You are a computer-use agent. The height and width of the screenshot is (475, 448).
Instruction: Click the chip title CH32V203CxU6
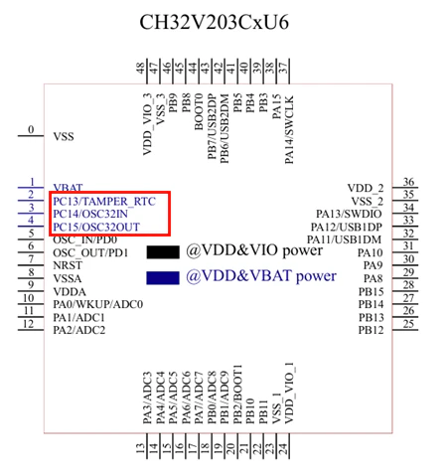click(x=215, y=23)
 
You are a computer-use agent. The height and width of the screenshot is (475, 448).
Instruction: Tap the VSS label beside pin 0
click(x=64, y=136)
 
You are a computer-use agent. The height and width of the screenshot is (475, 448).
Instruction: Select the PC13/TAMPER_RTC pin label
click(x=104, y=202)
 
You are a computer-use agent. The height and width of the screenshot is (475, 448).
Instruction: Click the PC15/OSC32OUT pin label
click(x=96, y=227)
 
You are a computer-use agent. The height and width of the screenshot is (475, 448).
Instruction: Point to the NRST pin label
click(x=68, y=265)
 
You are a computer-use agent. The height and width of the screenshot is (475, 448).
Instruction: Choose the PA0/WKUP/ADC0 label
click(x=98, y=304)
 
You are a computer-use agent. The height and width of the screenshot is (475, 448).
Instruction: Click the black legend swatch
click(x=163, y=252)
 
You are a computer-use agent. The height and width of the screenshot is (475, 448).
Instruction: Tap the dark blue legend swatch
click(x=163, y=278)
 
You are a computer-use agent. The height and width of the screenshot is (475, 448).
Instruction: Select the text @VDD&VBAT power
click(x=261, y=276)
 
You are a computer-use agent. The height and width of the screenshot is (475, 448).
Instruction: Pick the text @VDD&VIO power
click(x=254, y=250)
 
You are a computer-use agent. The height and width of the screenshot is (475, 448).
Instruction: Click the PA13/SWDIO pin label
click(x=349, y=214)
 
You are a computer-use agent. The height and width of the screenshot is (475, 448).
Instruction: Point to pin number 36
click(x=408, y=182)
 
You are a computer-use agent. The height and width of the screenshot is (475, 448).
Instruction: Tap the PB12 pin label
click(x=371, y=330)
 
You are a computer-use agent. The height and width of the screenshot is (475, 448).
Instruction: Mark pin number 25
click(x=408, y=324)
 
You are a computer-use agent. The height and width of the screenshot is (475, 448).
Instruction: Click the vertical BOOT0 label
click(x=199, y=111)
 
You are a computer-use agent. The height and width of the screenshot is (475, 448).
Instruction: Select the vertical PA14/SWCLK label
click(x=289, y=129)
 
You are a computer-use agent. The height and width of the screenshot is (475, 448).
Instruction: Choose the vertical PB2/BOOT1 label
click(x=237, y=395)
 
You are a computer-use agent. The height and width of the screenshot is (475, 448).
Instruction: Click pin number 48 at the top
click(x=141, y=68)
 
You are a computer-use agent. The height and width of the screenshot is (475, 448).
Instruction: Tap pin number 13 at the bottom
click(x=141, y=448)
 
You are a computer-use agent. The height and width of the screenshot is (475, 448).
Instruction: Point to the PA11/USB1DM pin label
click(x=345, y=239)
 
